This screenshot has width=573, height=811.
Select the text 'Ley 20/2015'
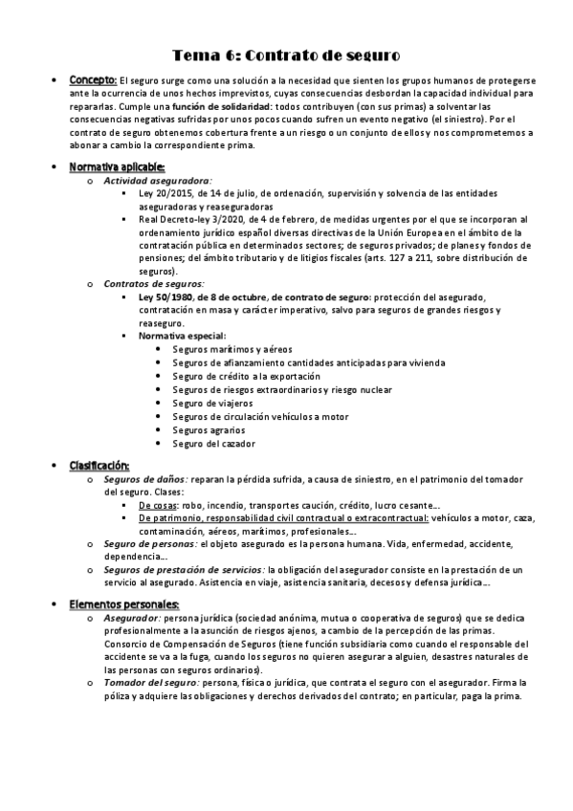coord(165,193)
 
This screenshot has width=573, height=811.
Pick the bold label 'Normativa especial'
coord(182,337)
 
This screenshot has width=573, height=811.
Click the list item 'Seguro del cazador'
coord(213,444)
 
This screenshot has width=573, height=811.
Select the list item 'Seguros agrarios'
coord(209,430)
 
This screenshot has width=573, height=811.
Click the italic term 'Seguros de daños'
coord(144,478)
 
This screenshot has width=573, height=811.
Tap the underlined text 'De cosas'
coord(158,504)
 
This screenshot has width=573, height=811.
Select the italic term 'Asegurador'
coord(132,619)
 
